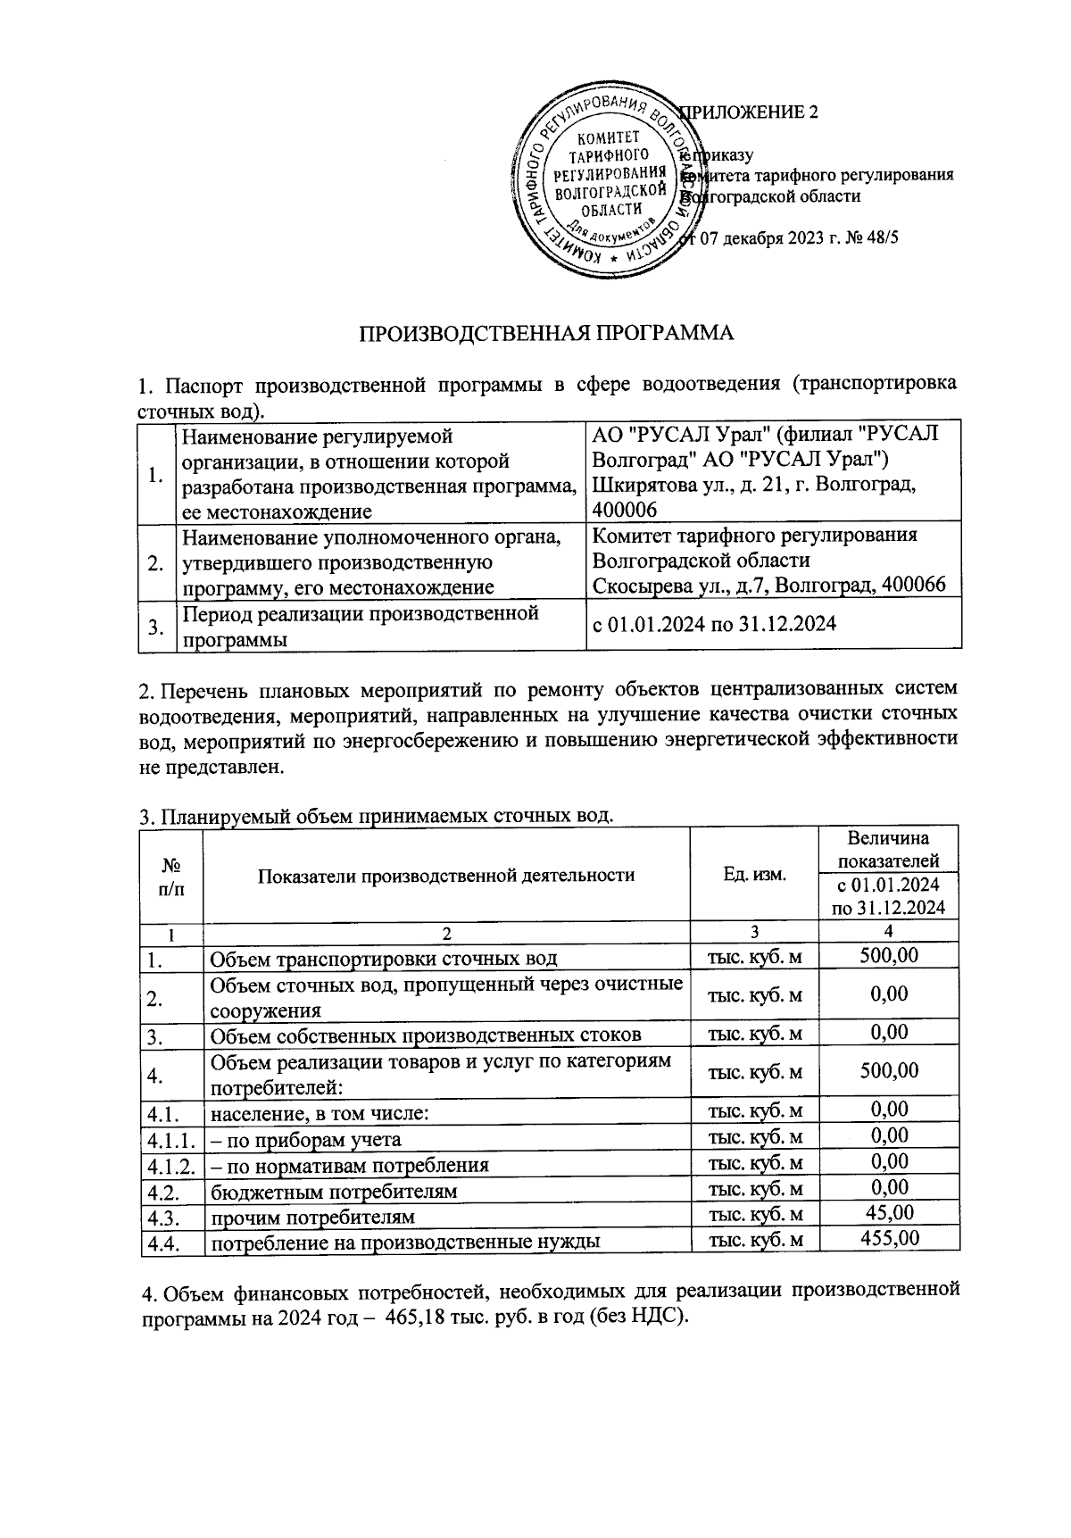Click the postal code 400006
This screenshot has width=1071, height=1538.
[x=625, y=510]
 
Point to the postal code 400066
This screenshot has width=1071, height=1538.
[x=914, y=585]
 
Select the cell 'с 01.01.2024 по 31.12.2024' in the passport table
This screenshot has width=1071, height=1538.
[x=715, y=624]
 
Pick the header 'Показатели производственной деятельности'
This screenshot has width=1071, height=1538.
[x=446, y=875]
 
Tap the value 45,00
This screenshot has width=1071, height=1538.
[x=889, y=1212]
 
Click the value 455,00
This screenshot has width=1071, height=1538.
[x=889, y=1238]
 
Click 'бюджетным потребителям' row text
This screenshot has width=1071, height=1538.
[x=334, y=1192]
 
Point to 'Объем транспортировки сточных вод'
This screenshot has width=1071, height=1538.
[x=384, y=960]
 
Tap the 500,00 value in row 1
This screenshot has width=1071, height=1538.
[x=889, y=956]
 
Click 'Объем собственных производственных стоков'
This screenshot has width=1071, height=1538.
[x=425, y=1035]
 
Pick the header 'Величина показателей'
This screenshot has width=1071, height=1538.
[x=888, y=850]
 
